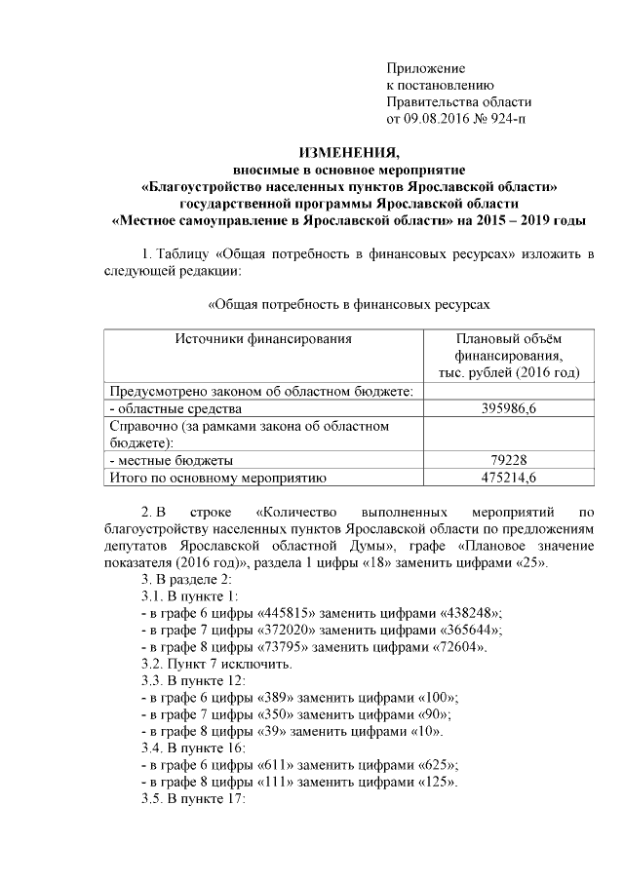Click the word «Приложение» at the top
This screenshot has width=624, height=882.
click(426, 69)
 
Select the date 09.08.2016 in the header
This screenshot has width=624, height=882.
click(438, 119)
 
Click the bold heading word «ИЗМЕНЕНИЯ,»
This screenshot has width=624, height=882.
click(348, 152)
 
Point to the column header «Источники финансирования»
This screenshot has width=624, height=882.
click(263, 338)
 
